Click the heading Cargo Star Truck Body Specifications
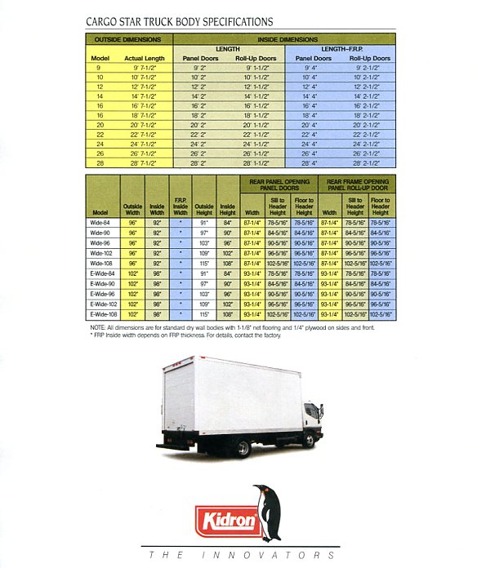click(180, 22)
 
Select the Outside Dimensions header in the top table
click(129, 39)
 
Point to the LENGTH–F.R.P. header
click(345, 49)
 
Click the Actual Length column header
click(145, 58)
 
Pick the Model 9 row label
click(100, 68)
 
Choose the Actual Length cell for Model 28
click(145, 163)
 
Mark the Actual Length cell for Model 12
click(145, 87)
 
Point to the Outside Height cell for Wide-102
click(204, 253)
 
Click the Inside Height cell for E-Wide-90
click(227, 283)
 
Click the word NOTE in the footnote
click(99, 327)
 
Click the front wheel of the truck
click(309, 441)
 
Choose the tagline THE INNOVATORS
click(238, 555)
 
